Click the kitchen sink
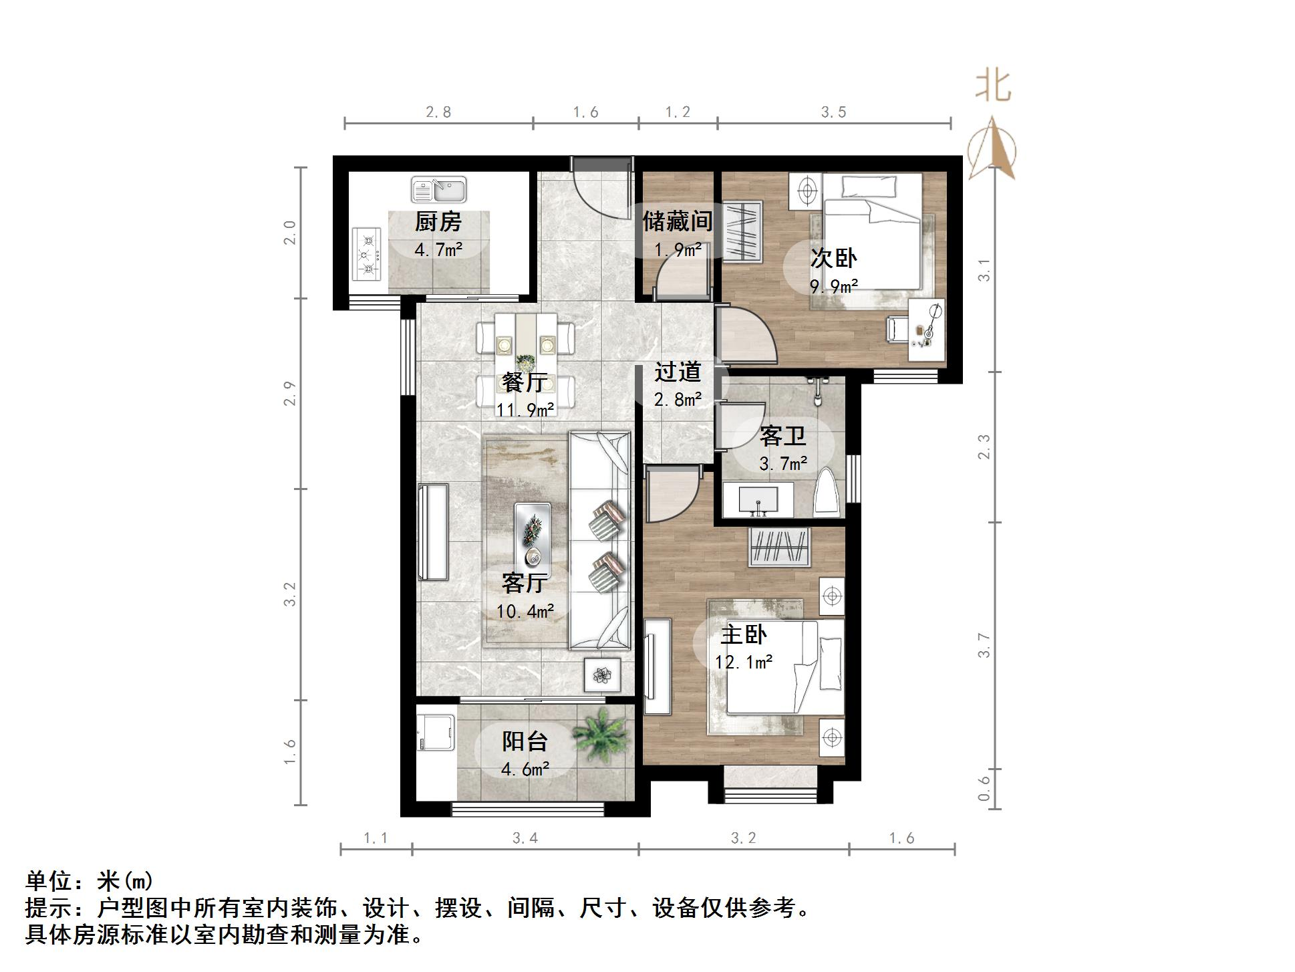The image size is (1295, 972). point(438,190)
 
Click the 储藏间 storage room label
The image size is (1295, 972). point(677,221)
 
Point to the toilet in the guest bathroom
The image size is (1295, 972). point(827,493)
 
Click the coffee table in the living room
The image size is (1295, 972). point(533,535)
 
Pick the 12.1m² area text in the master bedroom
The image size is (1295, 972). point(744,662)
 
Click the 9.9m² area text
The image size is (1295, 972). point(834,287)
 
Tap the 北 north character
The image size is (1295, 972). point(993,88)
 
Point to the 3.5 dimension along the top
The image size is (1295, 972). point(834,112)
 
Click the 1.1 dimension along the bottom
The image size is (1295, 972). point(376,838)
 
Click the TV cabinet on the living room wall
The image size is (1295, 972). point(432,531)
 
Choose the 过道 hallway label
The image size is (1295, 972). point(678,372)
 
